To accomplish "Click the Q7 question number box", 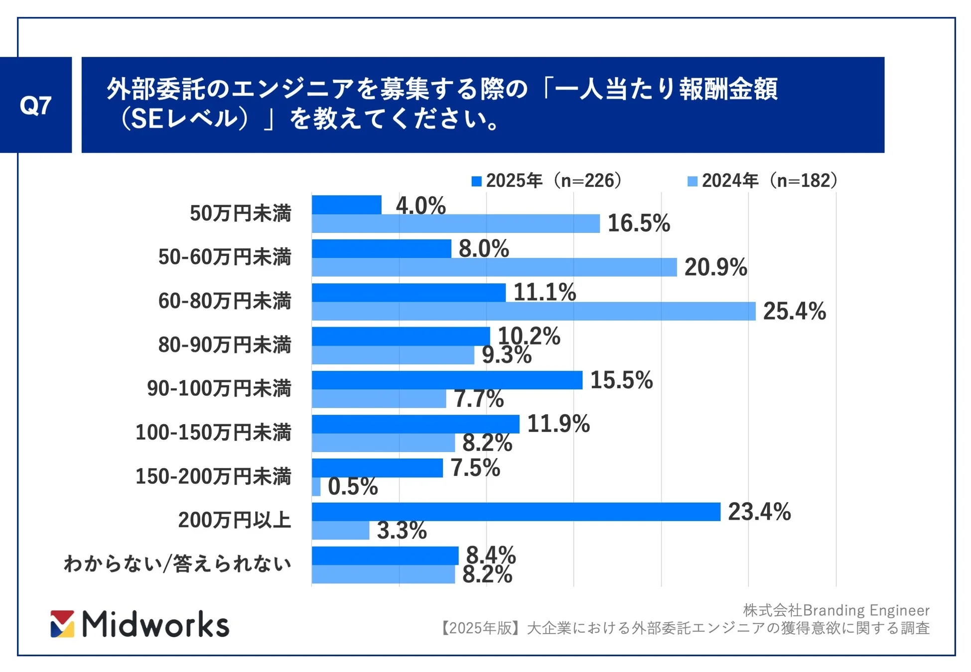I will point(35,105).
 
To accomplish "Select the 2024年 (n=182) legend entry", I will point(762,181).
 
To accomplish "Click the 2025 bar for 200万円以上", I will point(516,512).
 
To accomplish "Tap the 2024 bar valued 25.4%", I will point(533,311).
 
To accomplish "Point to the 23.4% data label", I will point(759,512).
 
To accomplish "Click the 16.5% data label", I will point(639,223).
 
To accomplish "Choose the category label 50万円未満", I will point(240,213).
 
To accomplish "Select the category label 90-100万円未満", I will point(219,388).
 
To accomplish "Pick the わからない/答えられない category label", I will point(177,563).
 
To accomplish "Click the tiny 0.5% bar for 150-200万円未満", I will point(316,486).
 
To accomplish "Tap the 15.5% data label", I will point(621,380).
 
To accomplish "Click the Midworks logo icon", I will point(62,624).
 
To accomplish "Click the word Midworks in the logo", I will point(155,624).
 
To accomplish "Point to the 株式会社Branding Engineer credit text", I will point(835,610).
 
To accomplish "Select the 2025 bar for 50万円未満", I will point(346,205).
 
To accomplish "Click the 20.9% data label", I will point(715,267).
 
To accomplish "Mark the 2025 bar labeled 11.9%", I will point(416,424).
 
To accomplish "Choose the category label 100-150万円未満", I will point(213,432).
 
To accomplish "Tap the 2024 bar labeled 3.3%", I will point(340,530).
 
